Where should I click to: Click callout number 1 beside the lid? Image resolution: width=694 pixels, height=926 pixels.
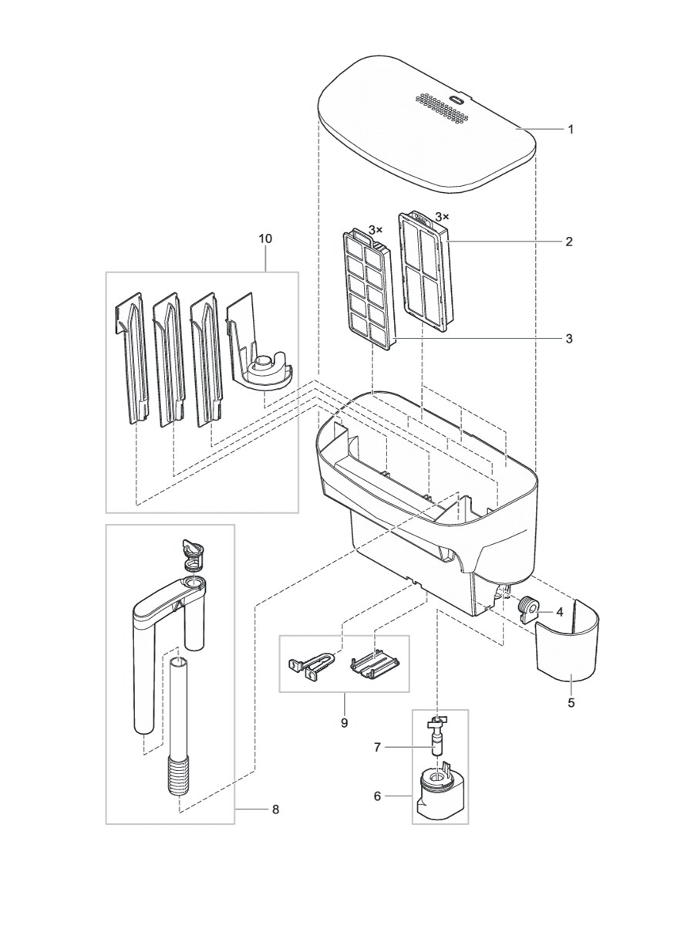pos(571,130)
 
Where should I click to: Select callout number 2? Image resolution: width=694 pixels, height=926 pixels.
pos(568,242)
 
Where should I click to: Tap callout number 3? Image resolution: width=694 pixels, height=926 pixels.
pos(568,338)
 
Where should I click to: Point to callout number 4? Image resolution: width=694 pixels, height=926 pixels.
pos(560,611)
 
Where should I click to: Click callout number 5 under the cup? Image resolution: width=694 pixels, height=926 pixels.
pos(571,703)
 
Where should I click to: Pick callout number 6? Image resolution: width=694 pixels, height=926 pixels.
pos(377,796)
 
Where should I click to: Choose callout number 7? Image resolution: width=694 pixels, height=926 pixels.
pos(377,746)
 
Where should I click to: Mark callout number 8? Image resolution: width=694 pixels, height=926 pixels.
pos(275,809)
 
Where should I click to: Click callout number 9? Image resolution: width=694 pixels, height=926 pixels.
pos(344,723)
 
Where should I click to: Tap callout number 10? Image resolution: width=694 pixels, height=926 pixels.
pos(264,239)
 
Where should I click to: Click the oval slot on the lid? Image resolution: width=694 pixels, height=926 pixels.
pos(456,100)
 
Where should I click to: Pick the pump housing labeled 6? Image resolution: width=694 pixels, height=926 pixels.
pos(440,795)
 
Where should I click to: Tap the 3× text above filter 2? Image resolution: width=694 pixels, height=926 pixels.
pos(442,217)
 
